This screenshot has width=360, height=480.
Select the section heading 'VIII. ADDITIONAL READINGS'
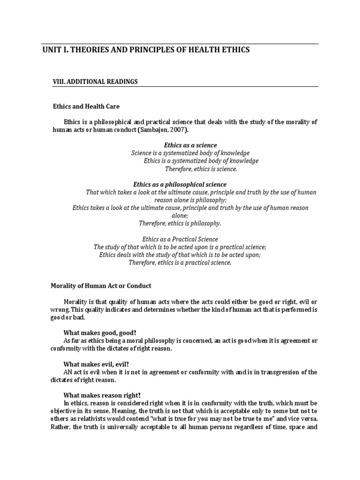[95, 82]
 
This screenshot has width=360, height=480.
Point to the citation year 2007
[171, 129]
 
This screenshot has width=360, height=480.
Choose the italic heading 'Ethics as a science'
[190, 145]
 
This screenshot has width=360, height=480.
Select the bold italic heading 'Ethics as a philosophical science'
[180, 185]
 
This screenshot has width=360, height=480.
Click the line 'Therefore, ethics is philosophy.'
[180, 224]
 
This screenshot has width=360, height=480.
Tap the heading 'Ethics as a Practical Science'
[180, 239]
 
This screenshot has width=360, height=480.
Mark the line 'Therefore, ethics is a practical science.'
[180, 262]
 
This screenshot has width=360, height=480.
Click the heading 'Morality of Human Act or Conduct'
[101, 286]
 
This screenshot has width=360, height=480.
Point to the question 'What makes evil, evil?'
[93, 364]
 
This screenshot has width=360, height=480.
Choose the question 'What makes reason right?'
[98, 395]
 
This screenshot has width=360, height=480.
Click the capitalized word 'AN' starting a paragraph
[68, 372]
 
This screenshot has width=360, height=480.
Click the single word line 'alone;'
[180, 216]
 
